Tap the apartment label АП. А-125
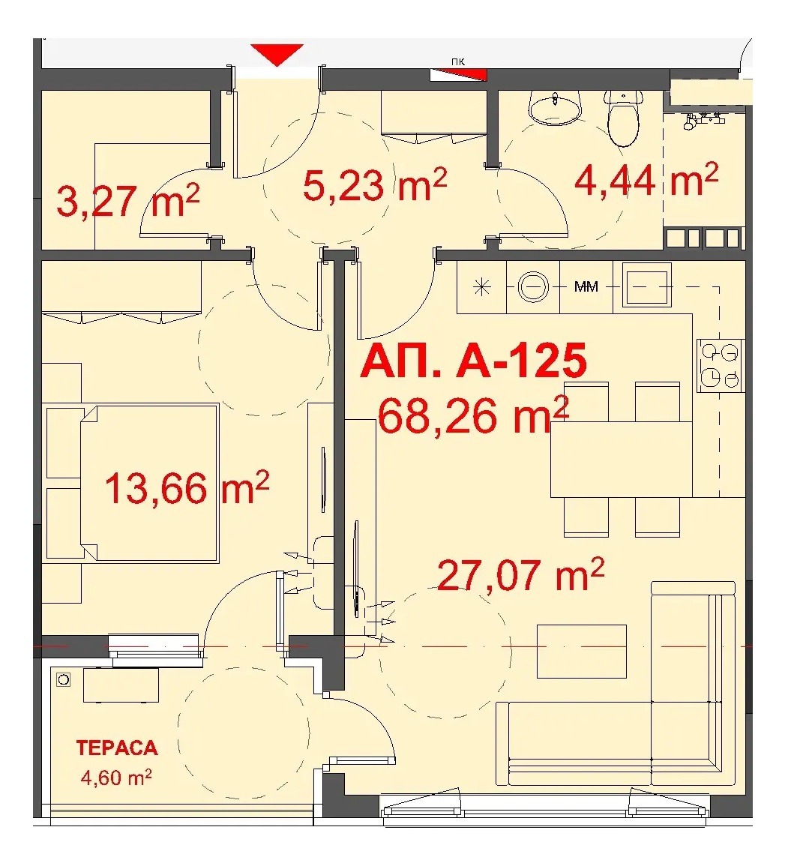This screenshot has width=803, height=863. (x=473, y=361)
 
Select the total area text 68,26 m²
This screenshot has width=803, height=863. (x=473, y=415)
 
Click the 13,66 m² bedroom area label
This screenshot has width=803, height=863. (x=186, y=488)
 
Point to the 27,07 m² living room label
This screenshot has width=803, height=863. (x=520, y=574)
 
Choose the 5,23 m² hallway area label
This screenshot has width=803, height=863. (x=374, y=184)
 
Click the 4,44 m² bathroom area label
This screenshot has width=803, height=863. (x=646, y=180)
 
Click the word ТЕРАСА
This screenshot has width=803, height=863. (x=117, y=748)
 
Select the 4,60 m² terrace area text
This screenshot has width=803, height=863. (x=116, y=778)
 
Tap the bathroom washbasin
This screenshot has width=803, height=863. (x=555, y=107)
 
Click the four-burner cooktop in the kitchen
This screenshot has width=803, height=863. (x=720, y=365)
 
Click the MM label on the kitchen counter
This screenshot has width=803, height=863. (x=586, y=287)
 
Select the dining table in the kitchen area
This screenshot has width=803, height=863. (x=621, y=459)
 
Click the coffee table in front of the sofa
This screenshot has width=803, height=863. (x=581, y=650)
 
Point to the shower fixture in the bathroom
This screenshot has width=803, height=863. (x=703, y=119)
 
